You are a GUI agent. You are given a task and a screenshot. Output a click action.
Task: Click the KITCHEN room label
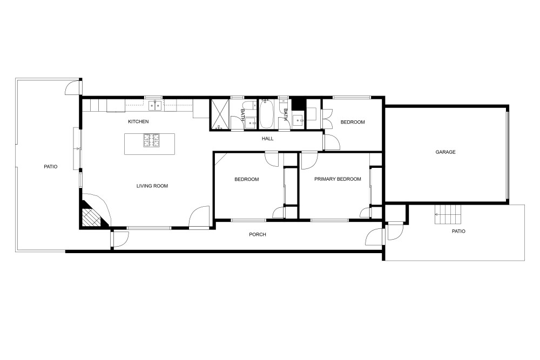tap(138, 121)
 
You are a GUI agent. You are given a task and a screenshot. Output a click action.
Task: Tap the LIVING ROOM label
tap(152, 186)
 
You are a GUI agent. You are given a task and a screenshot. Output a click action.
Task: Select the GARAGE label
tap(446, 152)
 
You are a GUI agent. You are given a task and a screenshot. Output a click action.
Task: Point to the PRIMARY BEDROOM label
tap(337, 179)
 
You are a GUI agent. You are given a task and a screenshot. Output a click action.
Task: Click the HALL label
tap(268, 139)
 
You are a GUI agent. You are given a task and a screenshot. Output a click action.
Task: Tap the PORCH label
tap(258, 234)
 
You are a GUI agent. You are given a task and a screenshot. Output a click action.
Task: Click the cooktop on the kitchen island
tap(152, 140)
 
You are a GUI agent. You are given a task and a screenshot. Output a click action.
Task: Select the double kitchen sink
tap(155, 105)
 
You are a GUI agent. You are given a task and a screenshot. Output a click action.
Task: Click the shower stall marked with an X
tap(220, 114)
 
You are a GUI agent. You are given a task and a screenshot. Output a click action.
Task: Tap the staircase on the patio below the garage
tap(448, 214)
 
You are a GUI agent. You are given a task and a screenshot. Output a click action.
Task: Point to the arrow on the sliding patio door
tap(77, 148)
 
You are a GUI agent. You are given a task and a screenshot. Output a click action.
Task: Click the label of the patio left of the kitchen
tap(51, 167)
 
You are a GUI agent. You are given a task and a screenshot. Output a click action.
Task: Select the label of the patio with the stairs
tap(458, 232)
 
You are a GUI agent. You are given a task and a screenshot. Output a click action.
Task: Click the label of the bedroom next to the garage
tap(353, 122)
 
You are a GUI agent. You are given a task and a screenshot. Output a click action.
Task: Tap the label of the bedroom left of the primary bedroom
tap(247, 179)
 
